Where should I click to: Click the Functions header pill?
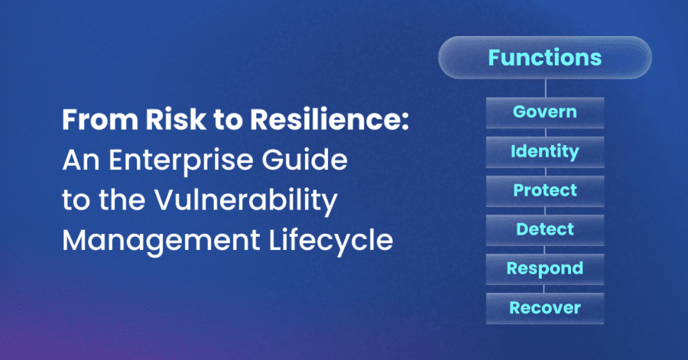click(x=545, y=57)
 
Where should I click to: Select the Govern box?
click(x=545, y=112)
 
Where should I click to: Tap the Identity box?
click(x=545, y=152)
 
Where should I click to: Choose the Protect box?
click(x=545, y=191)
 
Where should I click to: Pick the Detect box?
click(x=545, y=230)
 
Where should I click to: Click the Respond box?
click(x=545, y=269)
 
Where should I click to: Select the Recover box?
click(x=545, y=309)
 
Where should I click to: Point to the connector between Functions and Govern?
click(x=545, y=88)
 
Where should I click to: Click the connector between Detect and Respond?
click(x=544, y=250)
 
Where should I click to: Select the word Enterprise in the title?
click(x=180, y=160)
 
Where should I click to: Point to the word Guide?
click(x=304, y=159)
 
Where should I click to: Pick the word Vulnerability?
click(x=245, y=201)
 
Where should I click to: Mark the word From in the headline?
click(x=100, y=119)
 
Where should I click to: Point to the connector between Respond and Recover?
click(x=544, y=289)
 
